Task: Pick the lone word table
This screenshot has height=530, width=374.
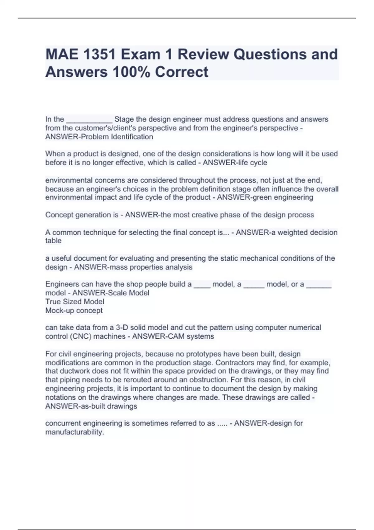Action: coord(53,241)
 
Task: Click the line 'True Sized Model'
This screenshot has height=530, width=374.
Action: coord(75,301)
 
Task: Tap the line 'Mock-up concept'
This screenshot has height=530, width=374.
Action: coord(74,311)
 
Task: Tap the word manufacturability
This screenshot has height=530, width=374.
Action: coord(74,432)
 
